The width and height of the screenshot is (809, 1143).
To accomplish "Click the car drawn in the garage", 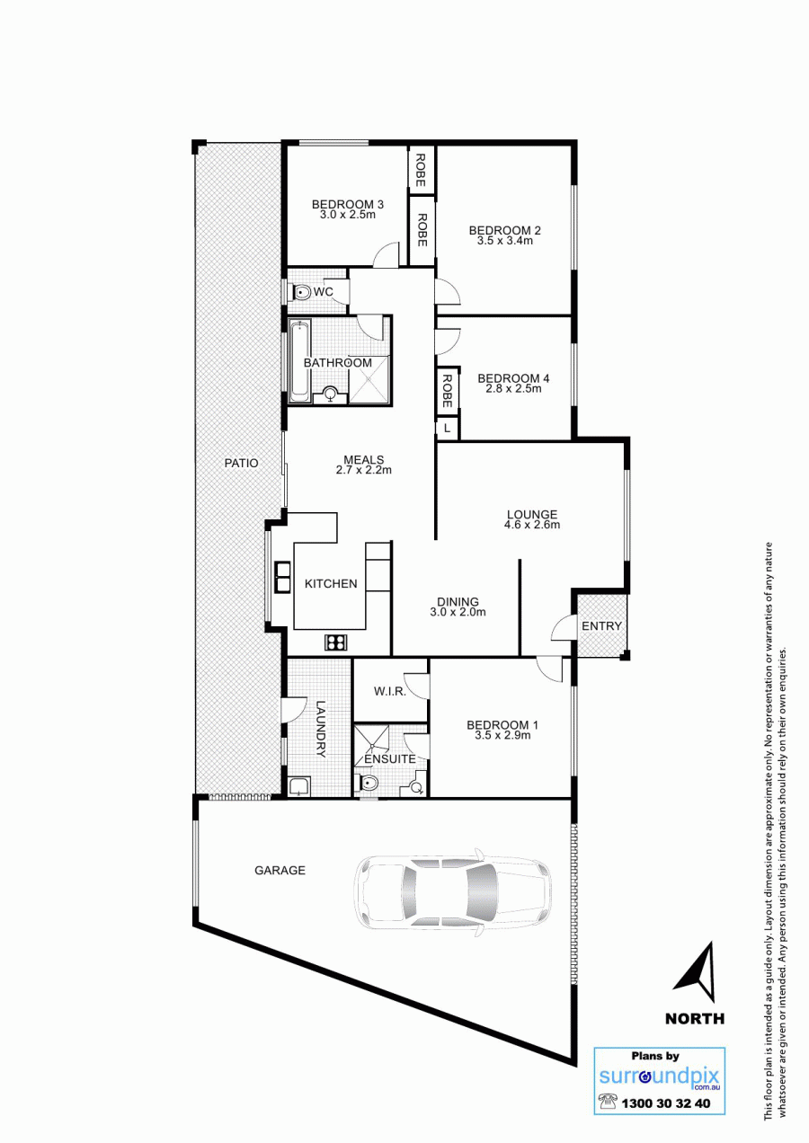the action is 453,889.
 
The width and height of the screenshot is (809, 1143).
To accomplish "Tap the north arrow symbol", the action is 697,972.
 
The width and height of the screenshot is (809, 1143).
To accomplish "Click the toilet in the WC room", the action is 302,293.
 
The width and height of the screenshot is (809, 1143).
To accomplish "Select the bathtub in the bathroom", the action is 299,360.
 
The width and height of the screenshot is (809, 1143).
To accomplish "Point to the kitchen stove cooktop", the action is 336,642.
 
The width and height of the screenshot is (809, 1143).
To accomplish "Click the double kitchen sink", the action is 283,577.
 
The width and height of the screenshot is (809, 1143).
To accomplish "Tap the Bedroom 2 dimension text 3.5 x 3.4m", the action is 505,241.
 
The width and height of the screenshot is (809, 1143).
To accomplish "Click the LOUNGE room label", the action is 532,514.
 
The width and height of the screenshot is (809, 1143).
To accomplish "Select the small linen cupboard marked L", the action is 448,429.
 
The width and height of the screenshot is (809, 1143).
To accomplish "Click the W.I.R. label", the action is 390,691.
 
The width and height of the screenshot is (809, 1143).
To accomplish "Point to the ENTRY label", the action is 601,625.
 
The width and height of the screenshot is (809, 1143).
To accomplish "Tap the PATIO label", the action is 242,463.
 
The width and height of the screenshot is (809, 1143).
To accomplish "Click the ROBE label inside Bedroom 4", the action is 447,391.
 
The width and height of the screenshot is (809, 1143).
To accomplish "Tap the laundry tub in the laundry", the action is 298,787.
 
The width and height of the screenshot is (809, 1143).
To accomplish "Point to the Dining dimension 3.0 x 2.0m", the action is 458,612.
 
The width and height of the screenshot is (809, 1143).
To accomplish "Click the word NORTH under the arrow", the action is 695,1019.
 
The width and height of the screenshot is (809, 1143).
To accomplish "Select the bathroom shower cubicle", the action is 369,381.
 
